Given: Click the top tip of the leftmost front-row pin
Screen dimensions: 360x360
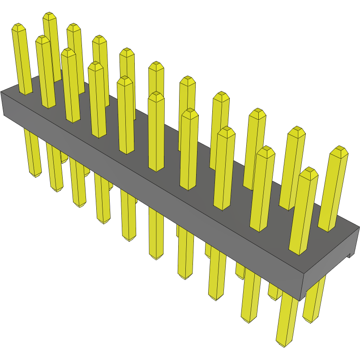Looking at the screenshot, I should (18, 26).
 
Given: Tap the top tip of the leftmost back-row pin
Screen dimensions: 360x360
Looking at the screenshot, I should (49, 15).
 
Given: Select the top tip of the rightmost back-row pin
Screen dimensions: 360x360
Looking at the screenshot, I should (341, 149).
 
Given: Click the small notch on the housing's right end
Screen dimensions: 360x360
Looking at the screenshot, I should (349, 256).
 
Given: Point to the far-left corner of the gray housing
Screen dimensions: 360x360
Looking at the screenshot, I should (1, 92).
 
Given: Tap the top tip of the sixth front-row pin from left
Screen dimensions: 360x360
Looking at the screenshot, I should (156, 94).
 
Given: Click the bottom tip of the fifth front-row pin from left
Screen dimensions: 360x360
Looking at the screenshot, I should (130, 240).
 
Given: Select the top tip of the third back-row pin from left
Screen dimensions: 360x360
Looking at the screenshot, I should (99, 38).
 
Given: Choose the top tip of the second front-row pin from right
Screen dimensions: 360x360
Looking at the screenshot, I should (266, 149).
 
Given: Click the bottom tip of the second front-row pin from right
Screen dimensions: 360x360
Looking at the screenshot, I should (249, 321).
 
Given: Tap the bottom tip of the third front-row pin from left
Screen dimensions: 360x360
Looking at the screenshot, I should (80, 206).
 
